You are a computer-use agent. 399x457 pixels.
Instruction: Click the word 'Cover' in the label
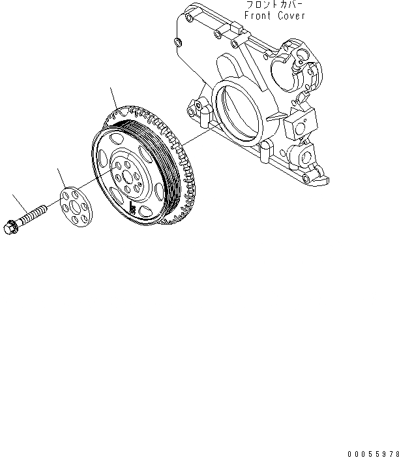click(290, 16)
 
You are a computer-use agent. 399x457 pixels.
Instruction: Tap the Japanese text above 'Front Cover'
click(274, 5)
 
